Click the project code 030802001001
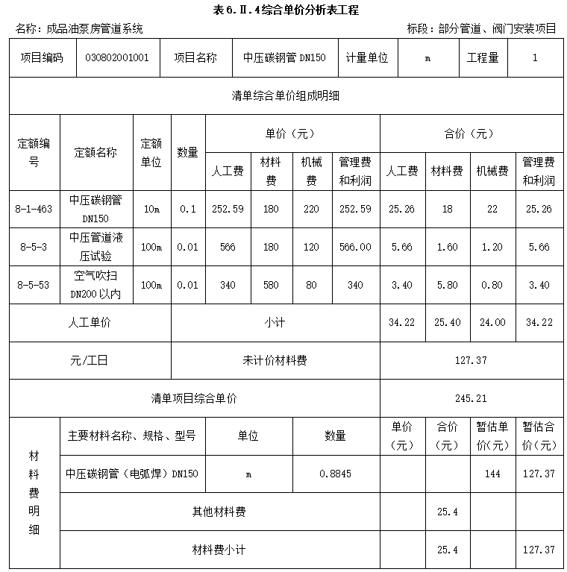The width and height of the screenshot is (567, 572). [117, 57]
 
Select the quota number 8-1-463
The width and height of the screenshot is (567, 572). [34, 210]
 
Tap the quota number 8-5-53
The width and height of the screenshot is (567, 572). [34, 285]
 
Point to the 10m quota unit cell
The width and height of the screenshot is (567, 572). [151, 210]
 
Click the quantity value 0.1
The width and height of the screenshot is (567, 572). [188, 210]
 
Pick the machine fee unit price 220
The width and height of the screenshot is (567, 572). [311, 210]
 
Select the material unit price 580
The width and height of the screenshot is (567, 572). [271, 285]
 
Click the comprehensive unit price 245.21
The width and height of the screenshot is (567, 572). [471, 398]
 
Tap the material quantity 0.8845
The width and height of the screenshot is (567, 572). [335, 474]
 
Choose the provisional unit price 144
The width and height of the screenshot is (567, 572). [492, 474]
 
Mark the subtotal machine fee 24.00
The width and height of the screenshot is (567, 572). [492, 322]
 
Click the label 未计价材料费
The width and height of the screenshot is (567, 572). [275, 360]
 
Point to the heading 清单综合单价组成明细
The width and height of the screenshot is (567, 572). [286, 95]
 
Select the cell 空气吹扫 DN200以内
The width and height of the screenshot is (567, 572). [95, 285]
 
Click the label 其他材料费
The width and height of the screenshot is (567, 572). [219, 512]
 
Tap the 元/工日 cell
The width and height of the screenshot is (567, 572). [90, 360]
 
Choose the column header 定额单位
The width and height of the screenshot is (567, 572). [151, 152]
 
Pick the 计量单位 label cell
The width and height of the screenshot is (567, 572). [367, 57]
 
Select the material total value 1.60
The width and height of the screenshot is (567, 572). [447, 248]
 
